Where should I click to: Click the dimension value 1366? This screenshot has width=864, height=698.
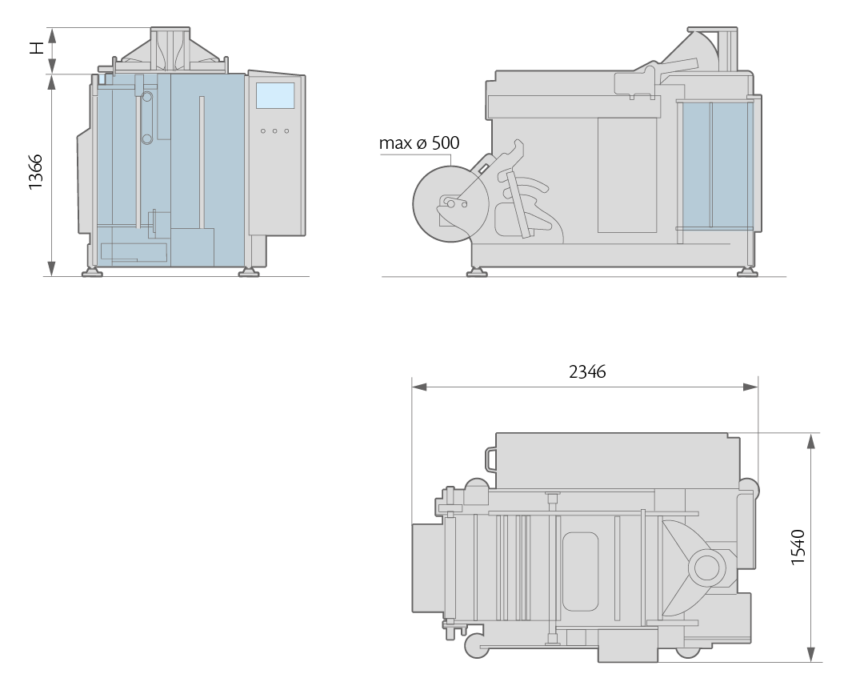(x=36, y=172)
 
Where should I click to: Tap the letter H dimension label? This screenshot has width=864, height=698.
(x=36, y=49)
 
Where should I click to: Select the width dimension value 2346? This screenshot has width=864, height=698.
(x=587, y=371)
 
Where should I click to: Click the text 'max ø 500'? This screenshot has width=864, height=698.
(x=419, y=143)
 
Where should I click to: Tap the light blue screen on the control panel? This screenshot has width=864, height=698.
(x=275, y=95)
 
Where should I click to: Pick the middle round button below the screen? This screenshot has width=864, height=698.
(x=274, y=130)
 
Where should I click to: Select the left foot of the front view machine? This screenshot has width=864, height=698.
(x=92, y=272)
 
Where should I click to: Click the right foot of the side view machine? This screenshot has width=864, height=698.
(x=748, y=271)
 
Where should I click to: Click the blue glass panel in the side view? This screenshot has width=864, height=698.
(x=716, y=164)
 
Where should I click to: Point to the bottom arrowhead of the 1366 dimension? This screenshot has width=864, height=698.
(x=52, y=268)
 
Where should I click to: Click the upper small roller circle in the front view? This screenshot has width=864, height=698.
(x=147, y=97)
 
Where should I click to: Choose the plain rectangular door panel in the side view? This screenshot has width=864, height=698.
(x=627, y=175)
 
